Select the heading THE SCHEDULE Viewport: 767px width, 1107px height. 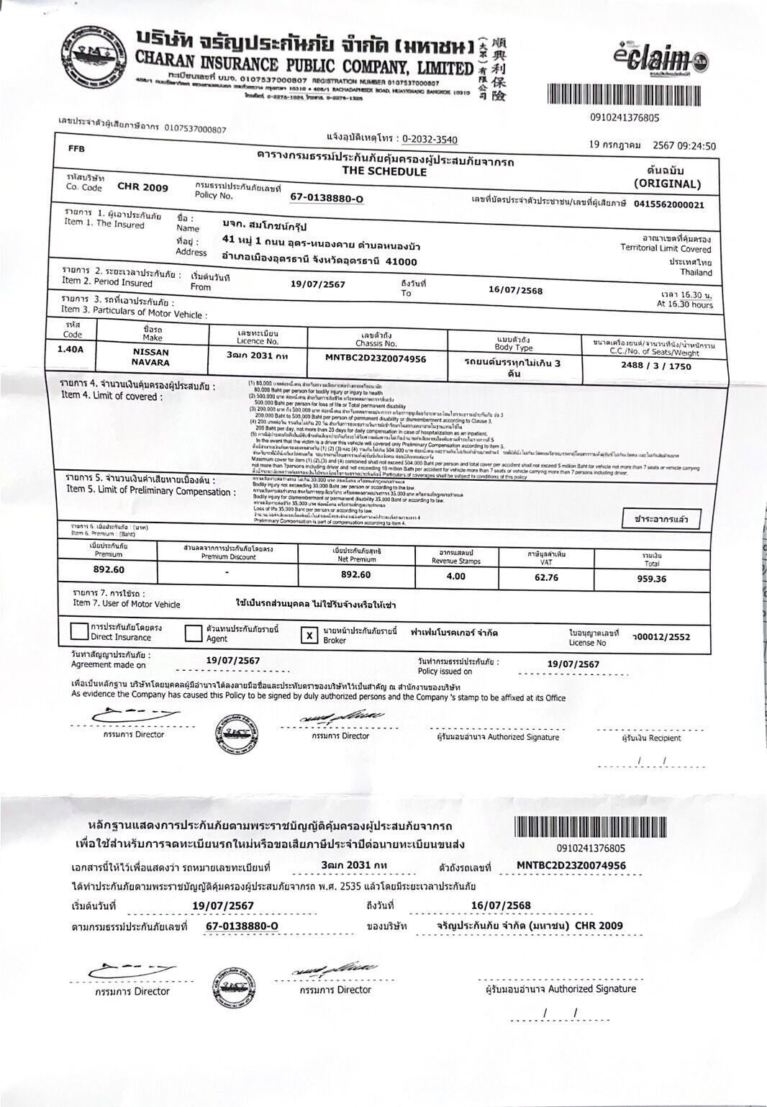pyautogui.click(x=384, y=172)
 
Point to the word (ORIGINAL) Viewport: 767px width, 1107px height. pyautogui.click(x=666, y=184)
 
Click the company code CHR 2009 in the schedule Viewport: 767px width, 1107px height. pyautogui.click(x=142, y=187)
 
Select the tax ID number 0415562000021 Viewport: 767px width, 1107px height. pyautogui.click(x=668, y=204)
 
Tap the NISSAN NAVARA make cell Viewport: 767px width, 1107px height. pyautogui.click(x=151, y=357)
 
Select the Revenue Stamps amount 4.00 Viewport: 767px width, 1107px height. pyautogui.click(x=455, y=576)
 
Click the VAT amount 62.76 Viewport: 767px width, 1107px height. pyautogui.click(x=546, y=577)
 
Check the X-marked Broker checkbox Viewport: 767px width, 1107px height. pyautogui.click(x=309, y=635)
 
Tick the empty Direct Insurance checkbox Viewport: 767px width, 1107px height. pyautogui.click(x=78, y=632)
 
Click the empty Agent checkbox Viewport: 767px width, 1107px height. pyautogui.click(x=193, y=633)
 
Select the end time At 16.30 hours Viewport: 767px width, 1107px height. pyautogui.click(x=684, y=304)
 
